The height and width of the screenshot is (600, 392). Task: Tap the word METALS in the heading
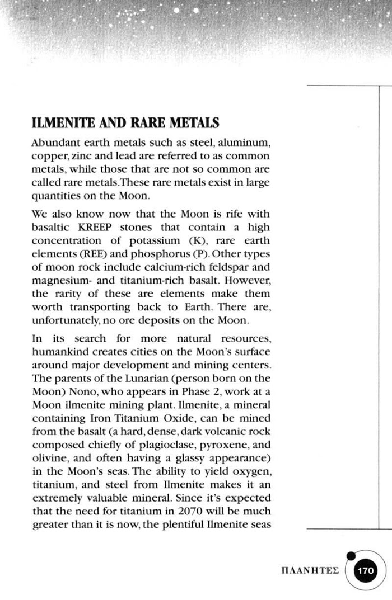click(190, 122)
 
